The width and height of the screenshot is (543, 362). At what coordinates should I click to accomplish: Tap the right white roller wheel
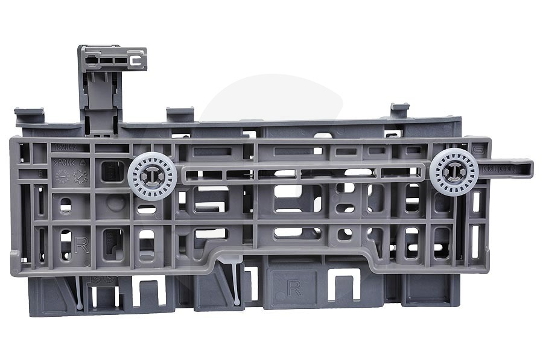454,171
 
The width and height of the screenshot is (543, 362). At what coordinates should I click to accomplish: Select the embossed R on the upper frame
83,244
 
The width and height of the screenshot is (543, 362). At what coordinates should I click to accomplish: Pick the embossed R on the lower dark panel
294,288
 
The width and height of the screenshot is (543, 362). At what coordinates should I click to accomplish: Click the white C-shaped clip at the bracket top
135,60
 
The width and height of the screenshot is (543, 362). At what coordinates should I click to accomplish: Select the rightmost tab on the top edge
399,110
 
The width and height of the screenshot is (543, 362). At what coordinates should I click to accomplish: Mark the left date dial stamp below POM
62,176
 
